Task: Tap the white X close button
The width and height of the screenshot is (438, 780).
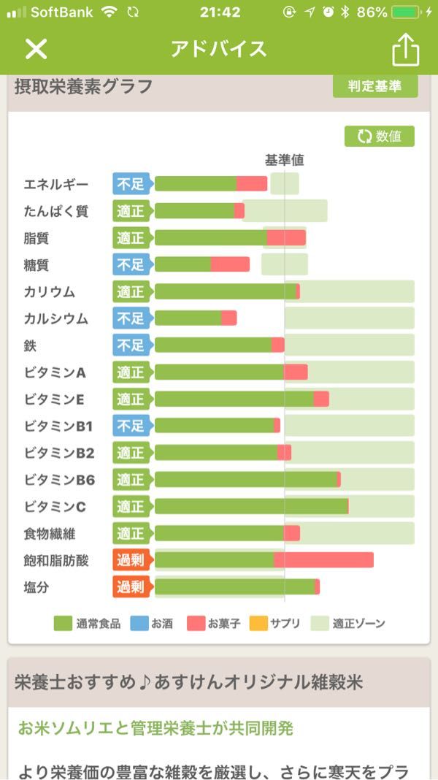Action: point(36,49)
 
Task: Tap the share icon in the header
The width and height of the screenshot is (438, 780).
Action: point(406,49)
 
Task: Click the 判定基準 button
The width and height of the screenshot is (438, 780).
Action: point(375,86)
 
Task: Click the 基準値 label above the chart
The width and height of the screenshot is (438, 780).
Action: point(284,160)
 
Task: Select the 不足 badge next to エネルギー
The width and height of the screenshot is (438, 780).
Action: point(131,184)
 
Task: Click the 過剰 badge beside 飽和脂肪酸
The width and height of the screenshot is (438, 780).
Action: point(131,560)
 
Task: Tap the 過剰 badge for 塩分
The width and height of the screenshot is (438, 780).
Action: point(131,587)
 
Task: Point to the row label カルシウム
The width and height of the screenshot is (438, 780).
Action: point(55,318)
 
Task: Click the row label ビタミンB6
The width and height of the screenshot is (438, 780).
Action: point(58,480)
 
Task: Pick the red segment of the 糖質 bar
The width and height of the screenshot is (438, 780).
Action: point(230,264)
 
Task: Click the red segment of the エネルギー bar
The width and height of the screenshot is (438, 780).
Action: point(252,184)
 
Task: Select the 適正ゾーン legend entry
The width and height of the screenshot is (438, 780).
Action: point(347,624)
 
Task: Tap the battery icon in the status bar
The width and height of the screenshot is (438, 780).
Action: point(406,12)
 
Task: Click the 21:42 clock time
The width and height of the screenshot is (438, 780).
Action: point(220,12)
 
